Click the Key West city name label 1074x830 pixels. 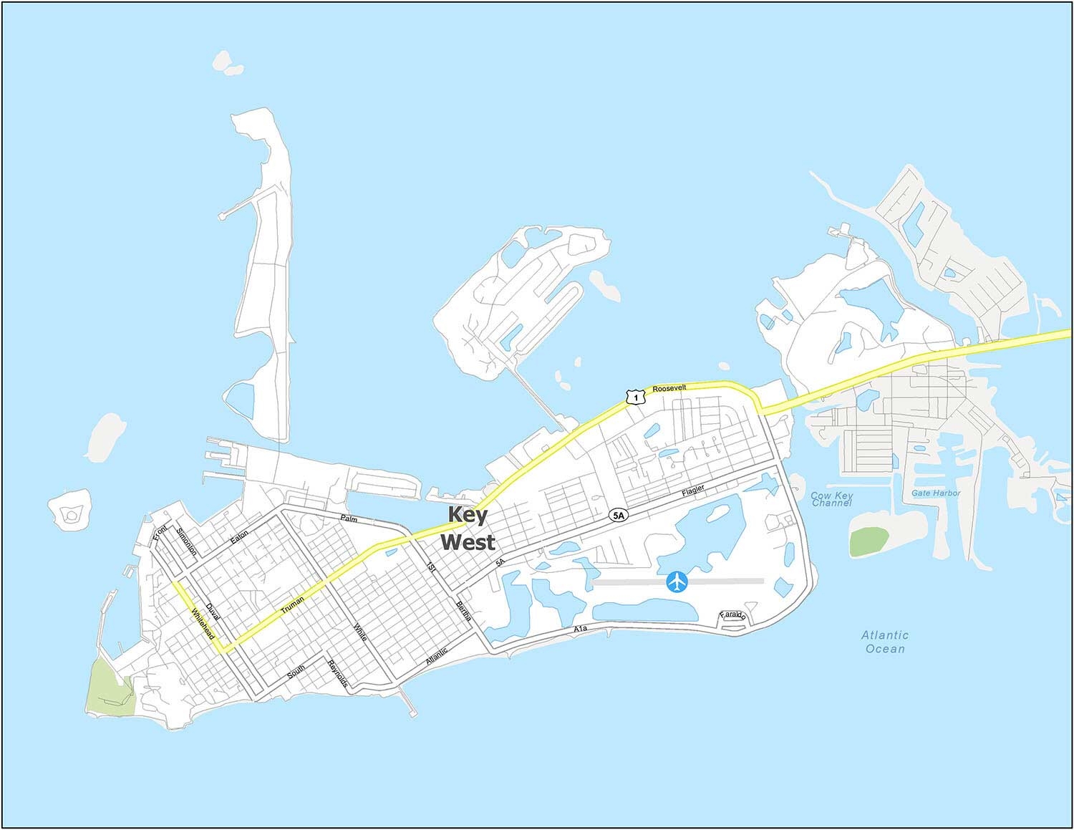coord(467,529)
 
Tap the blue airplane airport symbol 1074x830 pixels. coord(677,582)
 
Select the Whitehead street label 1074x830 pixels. coord(203,624)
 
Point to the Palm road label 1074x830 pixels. coord(349,518)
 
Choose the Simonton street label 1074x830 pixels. coord(186,541)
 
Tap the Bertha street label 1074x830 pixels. coord(463,614)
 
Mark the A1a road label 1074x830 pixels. coord(581,628)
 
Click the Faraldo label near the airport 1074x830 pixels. coord(733,616)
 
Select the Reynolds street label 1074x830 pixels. coord(337,673)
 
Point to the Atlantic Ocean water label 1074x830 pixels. coord(885,642)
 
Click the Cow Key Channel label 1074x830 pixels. coord(831,499)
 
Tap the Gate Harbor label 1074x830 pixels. coord(936,493)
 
